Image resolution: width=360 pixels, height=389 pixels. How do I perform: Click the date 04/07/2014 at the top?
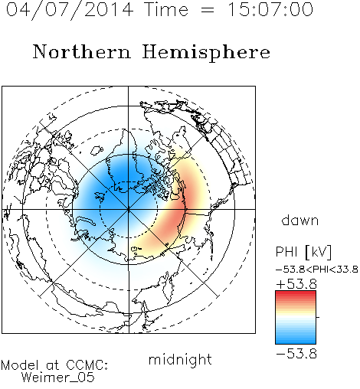(70, 10)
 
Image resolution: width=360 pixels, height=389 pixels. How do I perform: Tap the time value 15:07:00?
(270, 9)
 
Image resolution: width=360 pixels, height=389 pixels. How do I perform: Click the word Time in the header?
(166, 9)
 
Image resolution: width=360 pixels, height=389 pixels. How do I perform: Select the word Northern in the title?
(82, 51)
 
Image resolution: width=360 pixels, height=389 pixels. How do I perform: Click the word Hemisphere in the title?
(206, 53)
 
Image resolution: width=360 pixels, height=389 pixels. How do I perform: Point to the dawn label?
(300, 220)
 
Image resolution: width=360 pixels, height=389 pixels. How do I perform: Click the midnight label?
(180, 359)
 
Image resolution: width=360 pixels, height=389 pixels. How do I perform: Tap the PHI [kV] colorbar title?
(303, 252)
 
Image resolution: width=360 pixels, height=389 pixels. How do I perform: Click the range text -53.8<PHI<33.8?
(317, 270)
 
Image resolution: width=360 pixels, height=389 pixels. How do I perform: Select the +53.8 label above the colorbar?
(296, 284)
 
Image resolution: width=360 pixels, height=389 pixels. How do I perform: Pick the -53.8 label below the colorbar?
(296, 354)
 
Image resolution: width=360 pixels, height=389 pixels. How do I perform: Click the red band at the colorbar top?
(296, 295)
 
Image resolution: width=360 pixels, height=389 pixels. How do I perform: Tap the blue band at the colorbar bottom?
(296, 339)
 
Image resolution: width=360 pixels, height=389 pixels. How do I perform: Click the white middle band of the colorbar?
(296, 317)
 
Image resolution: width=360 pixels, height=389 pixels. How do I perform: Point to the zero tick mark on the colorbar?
(318, 317)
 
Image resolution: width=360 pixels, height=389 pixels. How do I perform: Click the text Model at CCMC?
(54, 365)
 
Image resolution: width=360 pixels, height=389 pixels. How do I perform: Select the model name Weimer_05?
(58, 377)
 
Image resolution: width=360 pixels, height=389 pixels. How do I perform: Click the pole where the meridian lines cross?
(129, 210)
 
